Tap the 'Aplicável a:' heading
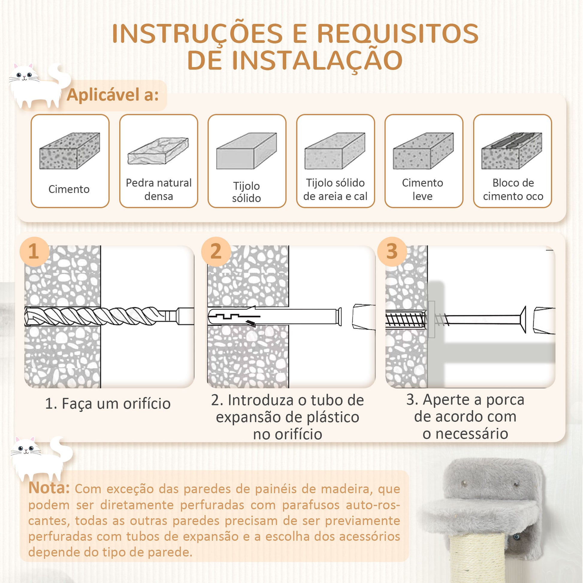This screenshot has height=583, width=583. (x=113, y=95)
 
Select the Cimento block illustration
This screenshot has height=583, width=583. (x=70, y=151)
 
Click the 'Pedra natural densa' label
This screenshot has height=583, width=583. (x=159, y=190)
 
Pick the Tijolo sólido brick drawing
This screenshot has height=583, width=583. (x=247, y=151)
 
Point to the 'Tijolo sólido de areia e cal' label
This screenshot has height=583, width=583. (x=335, y=190)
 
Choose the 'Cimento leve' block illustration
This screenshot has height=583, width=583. (x=423, y=151)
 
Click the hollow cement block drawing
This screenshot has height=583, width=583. (x=512, y=151)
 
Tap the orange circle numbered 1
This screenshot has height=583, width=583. (x=34, y=251)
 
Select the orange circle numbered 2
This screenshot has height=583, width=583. (x=216, y=251)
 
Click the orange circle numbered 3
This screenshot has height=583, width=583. (x=392, y=251)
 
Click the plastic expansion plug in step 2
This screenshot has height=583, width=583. (x=275, y=316)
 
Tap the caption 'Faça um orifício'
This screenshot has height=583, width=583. (x=116, y=404)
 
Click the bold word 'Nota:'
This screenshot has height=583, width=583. (x=49, y=488)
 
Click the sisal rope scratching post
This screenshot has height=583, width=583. (x=477, y=559)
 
